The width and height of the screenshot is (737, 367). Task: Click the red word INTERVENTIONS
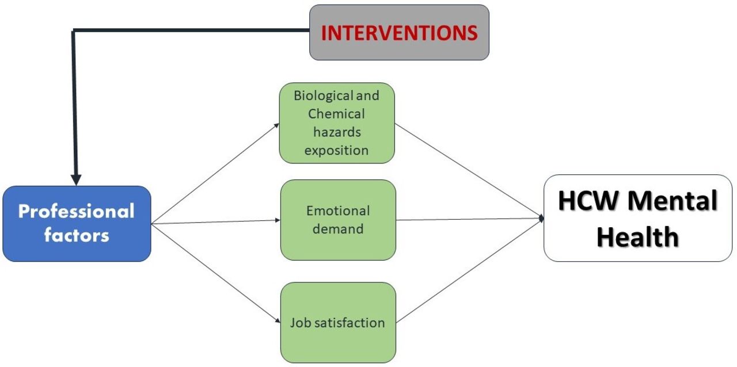[x=399, y=33]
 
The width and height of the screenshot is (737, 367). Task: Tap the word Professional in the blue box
[x=77, y=212]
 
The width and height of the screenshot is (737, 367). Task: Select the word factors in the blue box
[x=77, y=235]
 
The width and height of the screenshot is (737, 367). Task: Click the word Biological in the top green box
[x=316, y=95]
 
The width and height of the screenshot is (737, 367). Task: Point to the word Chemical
[x=336, y=114]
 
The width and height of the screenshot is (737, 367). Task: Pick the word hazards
[x=337, y=132]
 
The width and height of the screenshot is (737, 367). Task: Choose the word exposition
[x=336, y=151]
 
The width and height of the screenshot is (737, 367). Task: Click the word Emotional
[x=338, y=211]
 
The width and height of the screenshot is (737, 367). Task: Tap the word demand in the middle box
[x=338, y=229]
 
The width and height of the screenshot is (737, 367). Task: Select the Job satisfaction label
[x=337, y=323]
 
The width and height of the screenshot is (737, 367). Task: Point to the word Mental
[x=673, y=200]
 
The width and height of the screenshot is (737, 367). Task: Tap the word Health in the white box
[x=637, y=236]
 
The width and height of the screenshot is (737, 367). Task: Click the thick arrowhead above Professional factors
[x=76, y=180]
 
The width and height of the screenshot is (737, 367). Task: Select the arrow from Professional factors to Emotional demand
[x=215, y=222]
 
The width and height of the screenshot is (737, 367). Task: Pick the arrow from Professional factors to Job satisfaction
[x=215, y=273]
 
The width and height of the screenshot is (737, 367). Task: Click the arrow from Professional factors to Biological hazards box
[x=215, y=174]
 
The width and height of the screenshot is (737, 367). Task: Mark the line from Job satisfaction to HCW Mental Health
[x=470, y=270]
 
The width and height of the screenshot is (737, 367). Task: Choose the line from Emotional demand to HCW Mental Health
[x=470, y=219]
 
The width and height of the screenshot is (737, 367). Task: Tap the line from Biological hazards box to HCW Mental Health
[x=469, y=171]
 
